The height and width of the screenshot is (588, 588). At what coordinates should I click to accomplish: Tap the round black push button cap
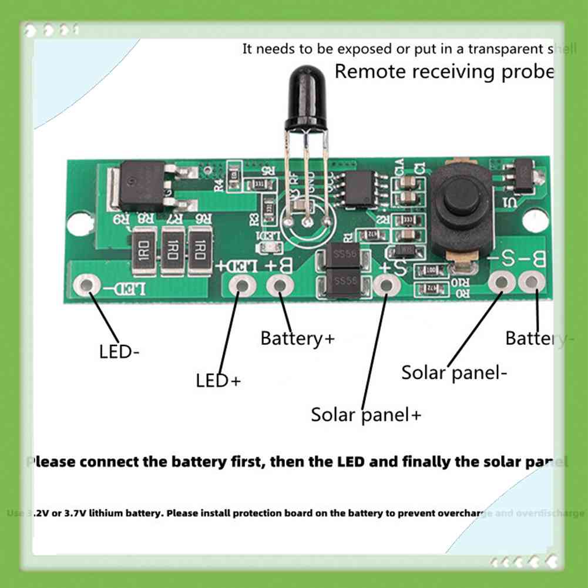click(x=461, y=198)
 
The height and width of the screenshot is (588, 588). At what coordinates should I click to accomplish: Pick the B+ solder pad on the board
click(x=280, y=286)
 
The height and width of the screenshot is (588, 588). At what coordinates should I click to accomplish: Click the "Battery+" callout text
click(x=297, y=338)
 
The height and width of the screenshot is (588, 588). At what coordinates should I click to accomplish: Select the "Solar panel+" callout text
click(x=366, y=415)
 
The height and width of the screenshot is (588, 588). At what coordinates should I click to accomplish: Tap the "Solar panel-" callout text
click(x=454, y=372)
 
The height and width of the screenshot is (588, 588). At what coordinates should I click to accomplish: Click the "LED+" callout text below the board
click(x=219, y=381)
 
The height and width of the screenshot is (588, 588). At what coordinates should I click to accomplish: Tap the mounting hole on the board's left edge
click(x=76, y=223)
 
